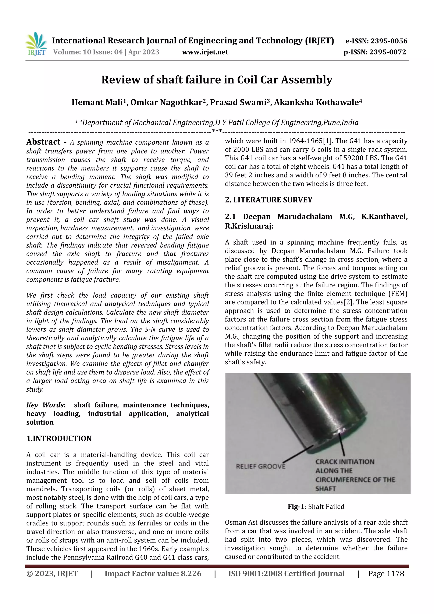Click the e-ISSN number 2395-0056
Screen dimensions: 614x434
click(x=388, y=41)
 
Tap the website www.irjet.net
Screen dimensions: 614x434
click(x=205, y=52)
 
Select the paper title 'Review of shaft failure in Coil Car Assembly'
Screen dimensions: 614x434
click(x=217, y=80)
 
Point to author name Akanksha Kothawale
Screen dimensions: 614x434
click(x=316, y=102)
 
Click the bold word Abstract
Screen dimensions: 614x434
click(x=43, y=142)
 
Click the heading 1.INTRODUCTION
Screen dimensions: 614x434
click(x=59, y=438)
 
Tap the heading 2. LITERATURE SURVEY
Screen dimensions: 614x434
click(x=268, y=200)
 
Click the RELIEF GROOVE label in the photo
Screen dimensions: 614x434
click(x=260, y=466)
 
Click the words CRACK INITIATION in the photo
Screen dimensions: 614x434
click(x=345, y=462)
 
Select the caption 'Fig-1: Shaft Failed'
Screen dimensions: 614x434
click(x=316, y=507)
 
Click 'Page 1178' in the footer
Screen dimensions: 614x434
click(x=386, y=573)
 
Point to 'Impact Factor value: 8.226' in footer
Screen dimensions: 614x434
click(x=153, y=573)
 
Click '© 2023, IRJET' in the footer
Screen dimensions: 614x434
click(x=52, y=573)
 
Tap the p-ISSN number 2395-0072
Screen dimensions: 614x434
click(x=387, y=52)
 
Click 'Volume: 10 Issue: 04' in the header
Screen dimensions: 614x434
click(x=88, y=52)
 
